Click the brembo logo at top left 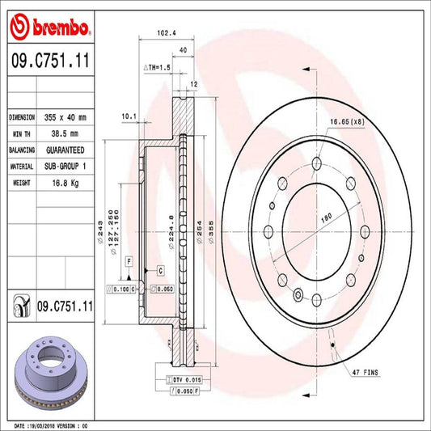coord(49,27)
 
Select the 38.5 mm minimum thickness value coord(65,133)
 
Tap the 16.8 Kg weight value coord(65,183)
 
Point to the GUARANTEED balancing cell coord(65,150)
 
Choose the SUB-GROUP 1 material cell coord(65,167)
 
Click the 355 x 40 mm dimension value coord(65,117)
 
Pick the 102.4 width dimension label coord(167,33)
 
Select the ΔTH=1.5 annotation coord(157,67)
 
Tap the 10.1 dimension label coord(129,116)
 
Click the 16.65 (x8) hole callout coord(347,121)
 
